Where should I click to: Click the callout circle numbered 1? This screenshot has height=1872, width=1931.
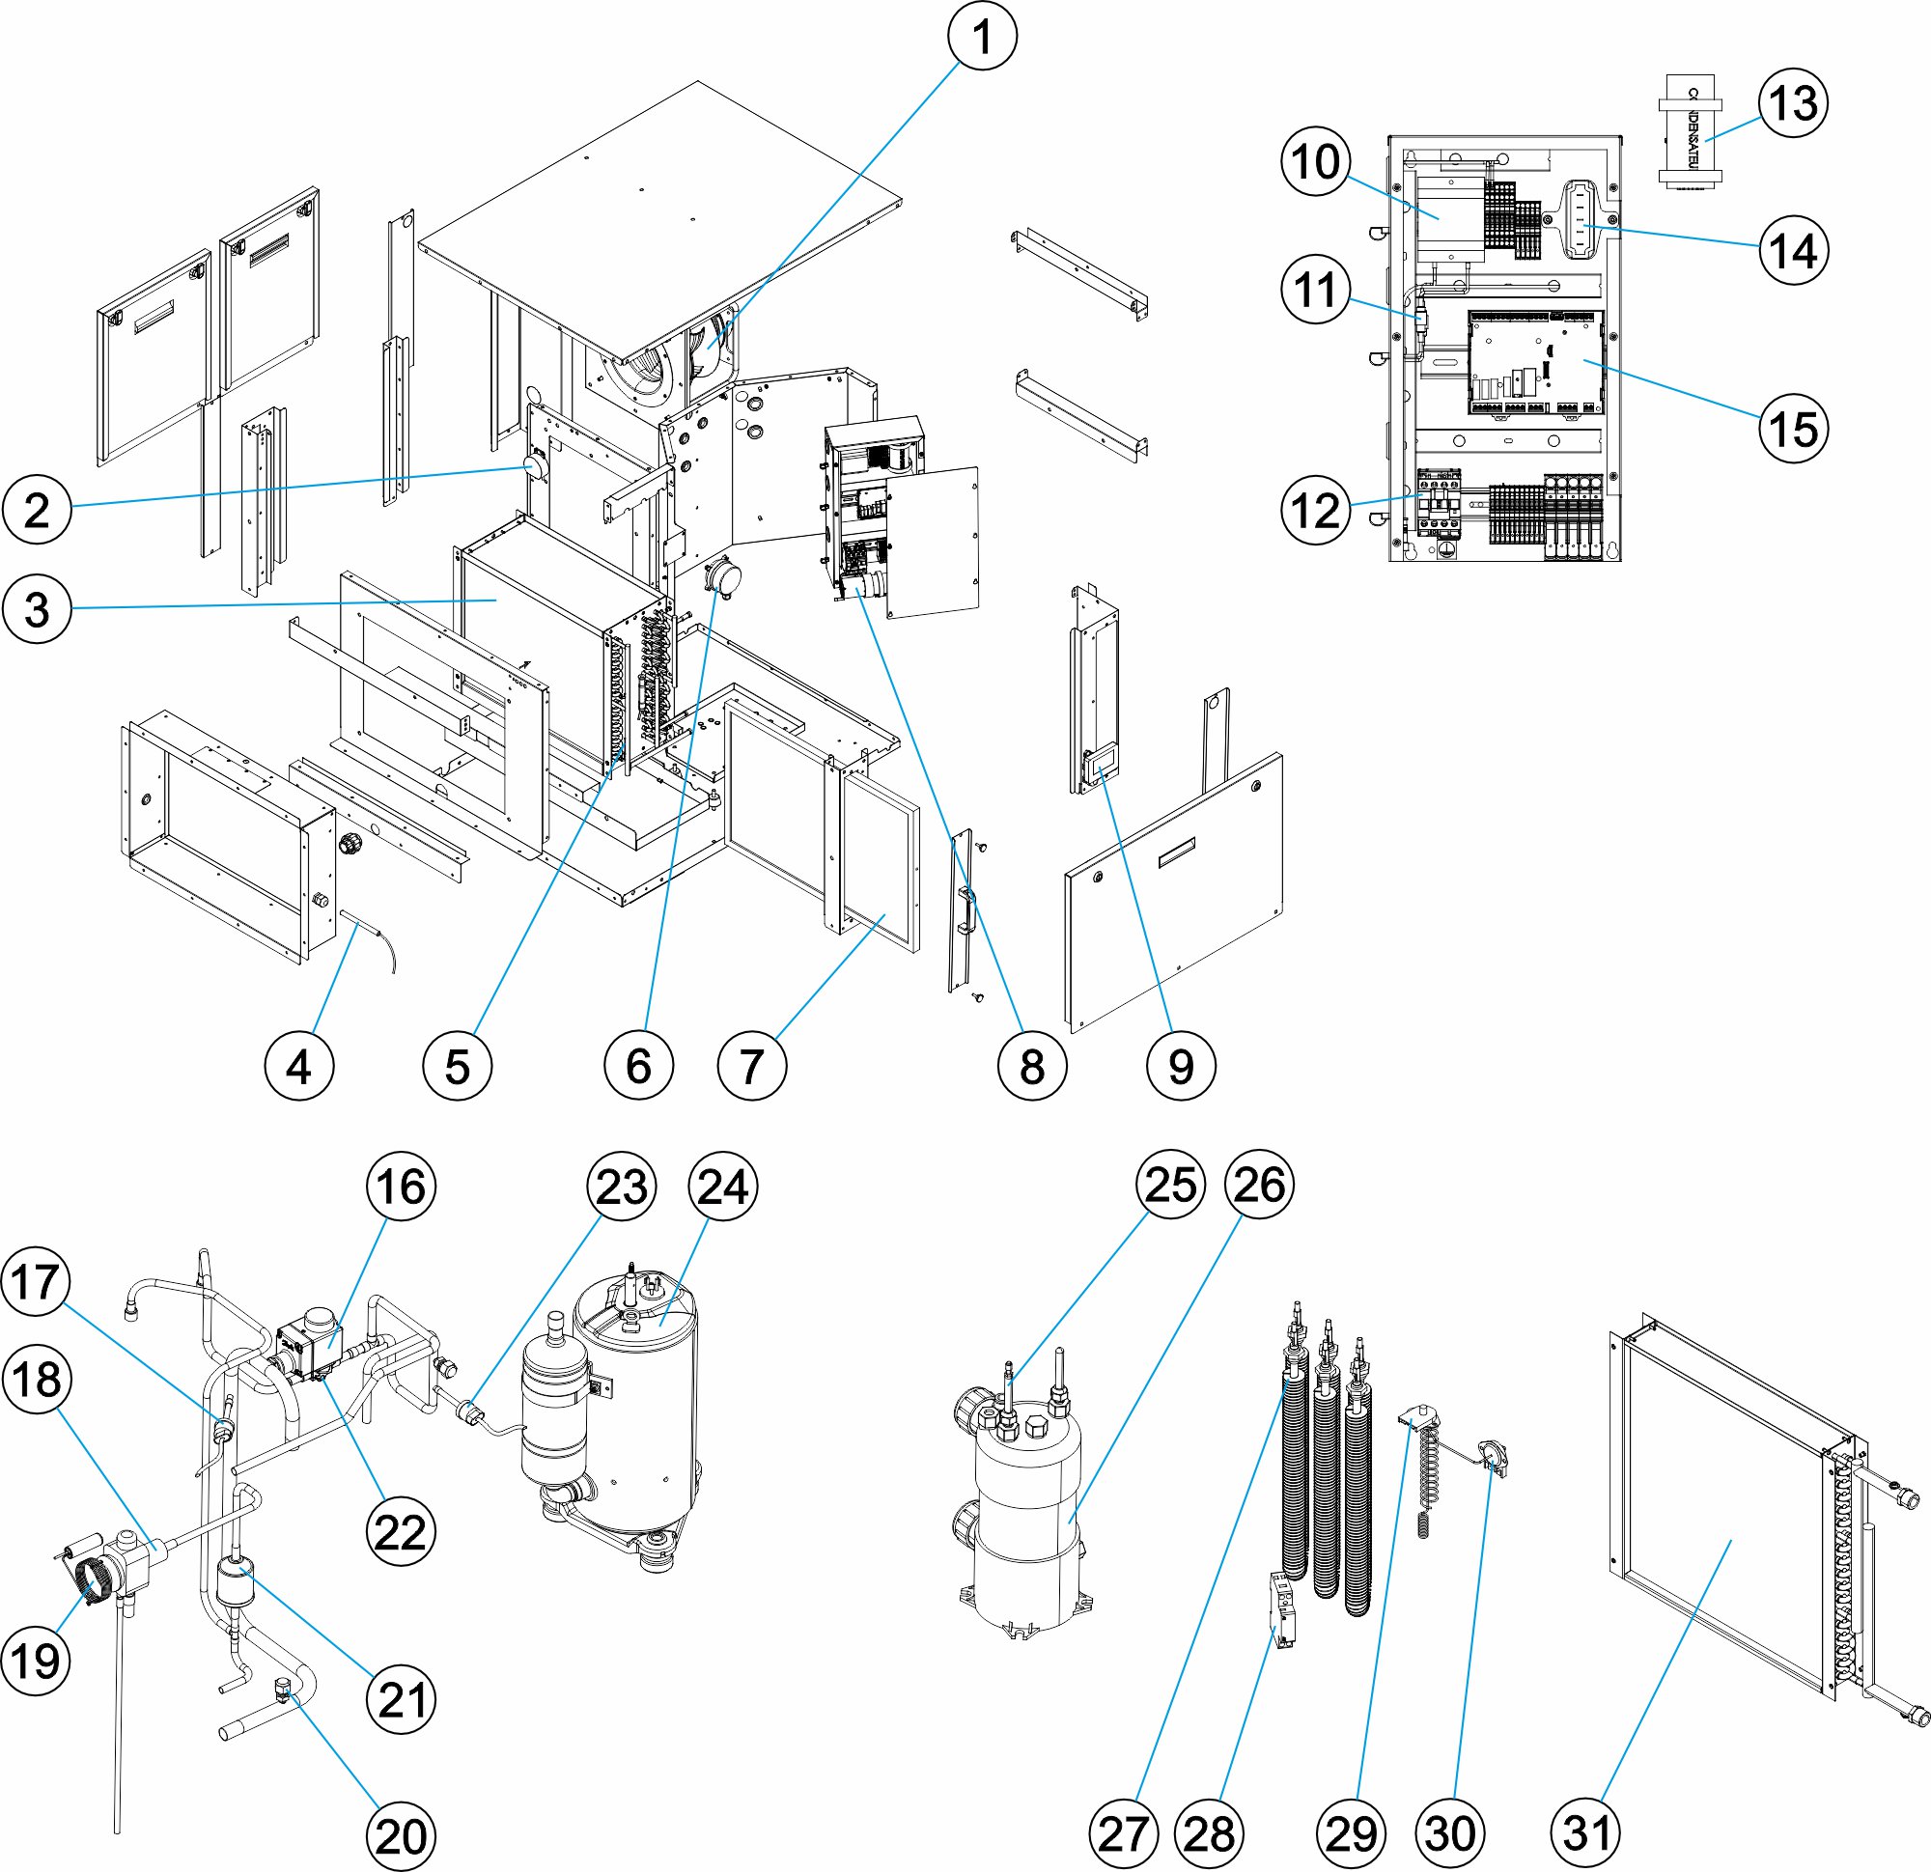981,37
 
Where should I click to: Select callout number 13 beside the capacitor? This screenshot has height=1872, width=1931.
1792,102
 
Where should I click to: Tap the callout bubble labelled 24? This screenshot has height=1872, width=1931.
723,1187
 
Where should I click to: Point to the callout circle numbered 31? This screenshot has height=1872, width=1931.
1586,1832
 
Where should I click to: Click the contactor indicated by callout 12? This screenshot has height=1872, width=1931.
1438,503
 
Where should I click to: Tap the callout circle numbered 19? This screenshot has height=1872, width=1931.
37,1660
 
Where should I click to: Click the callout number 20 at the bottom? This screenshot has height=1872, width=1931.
400,1835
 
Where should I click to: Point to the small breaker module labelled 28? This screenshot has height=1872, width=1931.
1284,1610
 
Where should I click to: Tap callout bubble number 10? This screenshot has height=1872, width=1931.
1316,161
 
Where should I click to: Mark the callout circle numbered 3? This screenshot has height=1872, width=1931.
37,608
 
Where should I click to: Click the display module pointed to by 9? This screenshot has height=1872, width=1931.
1101,764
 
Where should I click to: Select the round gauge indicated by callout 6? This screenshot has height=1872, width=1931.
724,578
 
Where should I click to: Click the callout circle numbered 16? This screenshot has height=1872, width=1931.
400,1187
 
